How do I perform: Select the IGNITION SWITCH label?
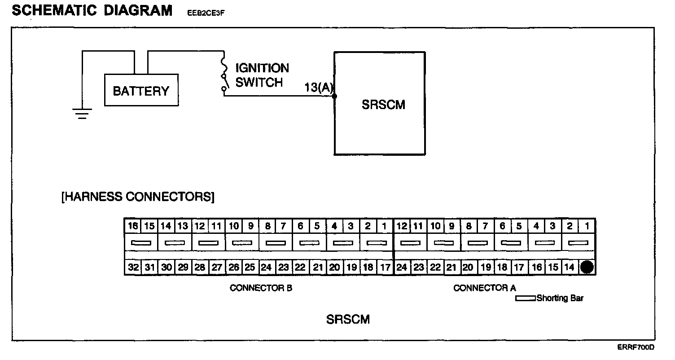click(x=262, y=75)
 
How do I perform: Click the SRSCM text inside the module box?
click(x=383, y=105)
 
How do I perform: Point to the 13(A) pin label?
click(x=319, y=88)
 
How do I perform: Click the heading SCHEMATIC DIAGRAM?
click(x=92, y=10)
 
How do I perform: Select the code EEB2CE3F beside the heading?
click(x=205, y=13)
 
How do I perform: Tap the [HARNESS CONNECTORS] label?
click(x=138, y=197)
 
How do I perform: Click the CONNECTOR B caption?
click(x=261, y=288)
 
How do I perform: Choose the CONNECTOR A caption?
click(x=485, y=288)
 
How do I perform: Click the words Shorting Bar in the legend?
click(x=560, y=298)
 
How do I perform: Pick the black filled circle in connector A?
click(x=587, y=268)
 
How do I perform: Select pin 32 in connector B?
click(x=133, y=268)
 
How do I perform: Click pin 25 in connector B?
click(x=250, y=268)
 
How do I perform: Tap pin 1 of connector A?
click(x=587, y=226)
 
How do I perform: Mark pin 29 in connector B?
click(x=183, y=268)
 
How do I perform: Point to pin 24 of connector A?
click(x=402, y=268)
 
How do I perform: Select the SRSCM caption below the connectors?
click(x=348, y=320)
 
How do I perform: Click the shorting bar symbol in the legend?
click(x=525, y=298)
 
